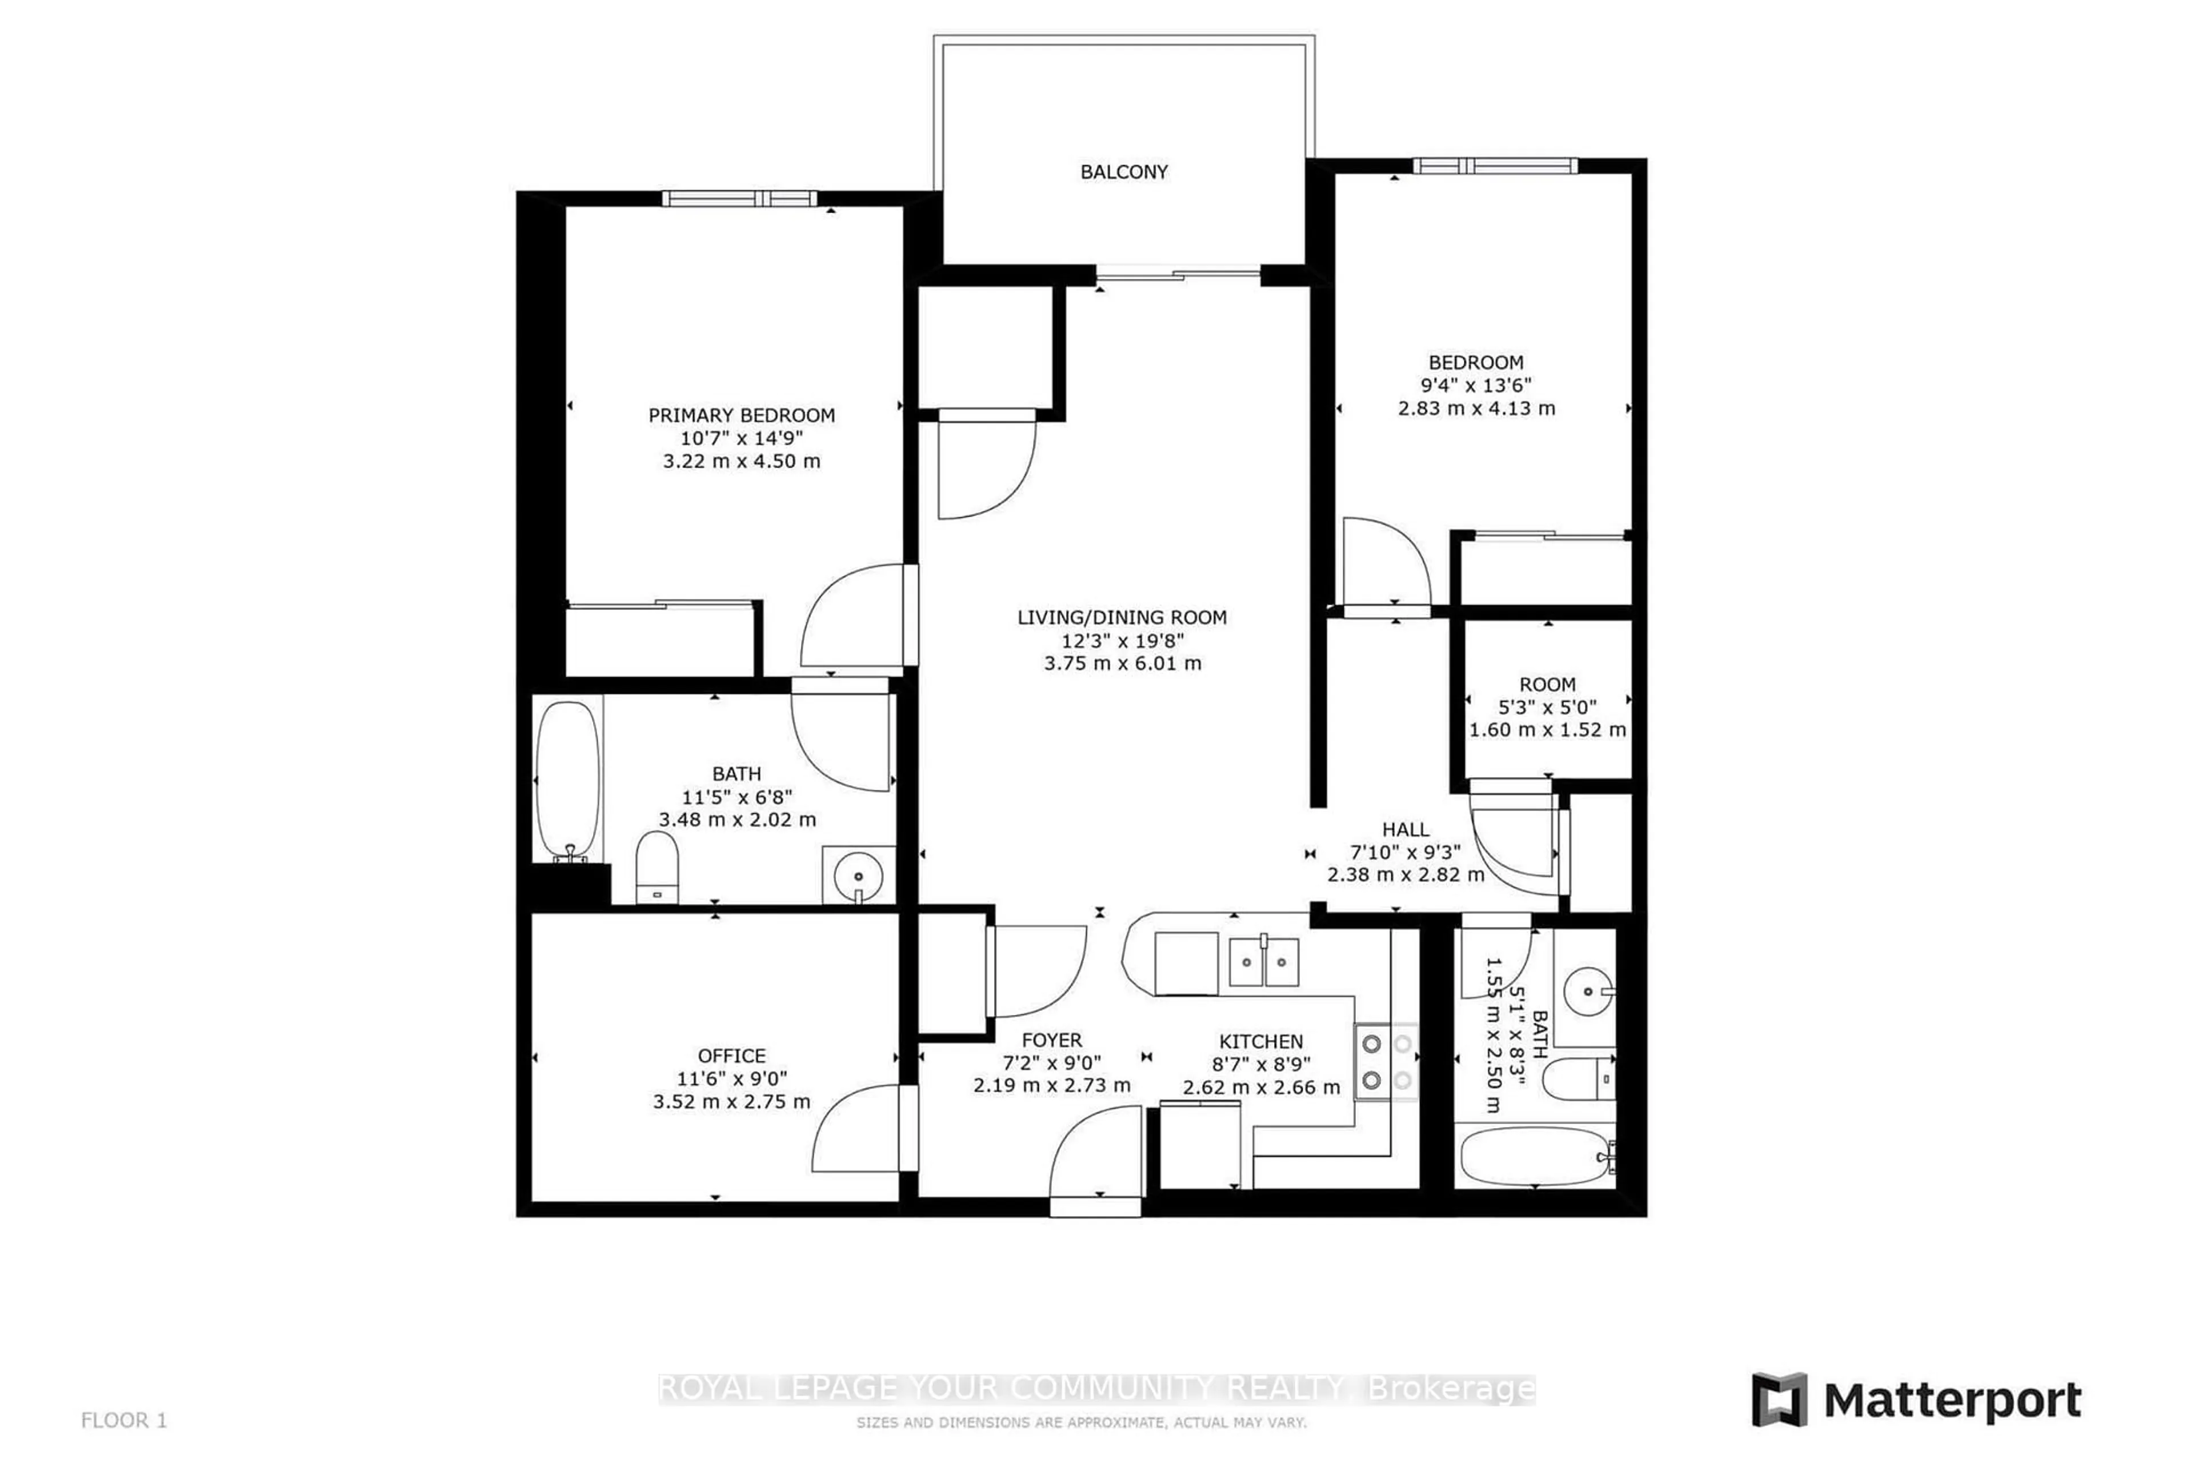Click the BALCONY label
tap(1123, 171)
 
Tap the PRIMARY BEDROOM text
tap(742, 415)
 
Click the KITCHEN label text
tap(1260, 1041)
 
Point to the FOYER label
tap(1051, 1040)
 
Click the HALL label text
tap(1405, 829)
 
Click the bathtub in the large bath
tap(568, 778)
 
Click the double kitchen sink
tap(1263, 962)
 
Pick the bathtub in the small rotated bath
tap(1535, 1157)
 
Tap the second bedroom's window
tap(1495, 166)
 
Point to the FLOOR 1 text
tap(124, 1420)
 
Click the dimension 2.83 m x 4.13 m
tap(1476, 407)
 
